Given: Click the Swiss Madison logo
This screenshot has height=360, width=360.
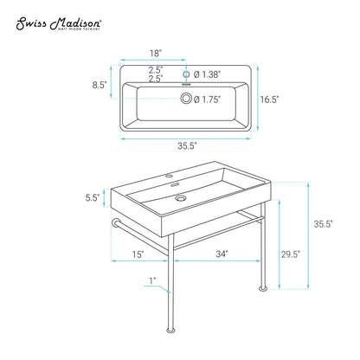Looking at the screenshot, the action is (58, 23).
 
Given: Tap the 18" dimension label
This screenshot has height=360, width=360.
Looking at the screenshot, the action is (156, 54).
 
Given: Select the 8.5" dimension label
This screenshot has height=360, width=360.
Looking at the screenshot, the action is (100, 85).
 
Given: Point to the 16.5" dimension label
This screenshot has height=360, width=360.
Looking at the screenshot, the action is (269, 100).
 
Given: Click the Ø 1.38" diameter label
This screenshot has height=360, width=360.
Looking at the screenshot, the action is (207, 74).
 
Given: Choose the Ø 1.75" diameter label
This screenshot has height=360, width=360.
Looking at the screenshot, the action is (207, 100).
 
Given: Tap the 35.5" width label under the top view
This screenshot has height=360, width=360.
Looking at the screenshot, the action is (187, 146).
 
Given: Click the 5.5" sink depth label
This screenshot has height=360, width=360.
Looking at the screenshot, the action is (93, 197).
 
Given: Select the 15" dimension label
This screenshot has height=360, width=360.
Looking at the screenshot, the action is (138, 254).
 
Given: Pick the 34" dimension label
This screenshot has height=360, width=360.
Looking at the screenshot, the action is (222, 254).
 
